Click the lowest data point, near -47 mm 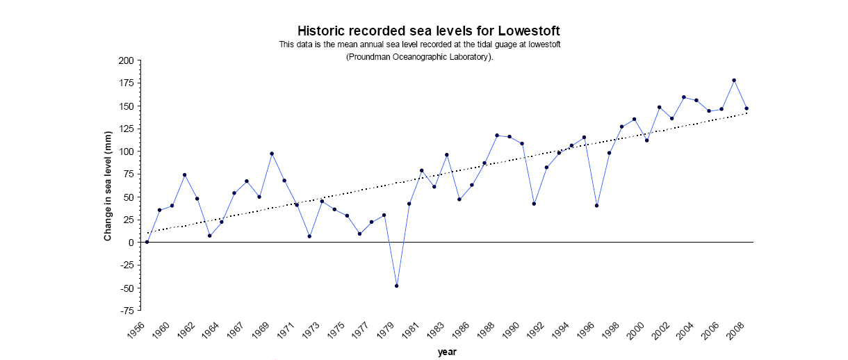point(397,286)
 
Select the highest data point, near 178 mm point(734,80)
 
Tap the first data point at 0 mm point(147,242)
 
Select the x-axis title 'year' point(447,352)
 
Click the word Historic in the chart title point(323,31)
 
